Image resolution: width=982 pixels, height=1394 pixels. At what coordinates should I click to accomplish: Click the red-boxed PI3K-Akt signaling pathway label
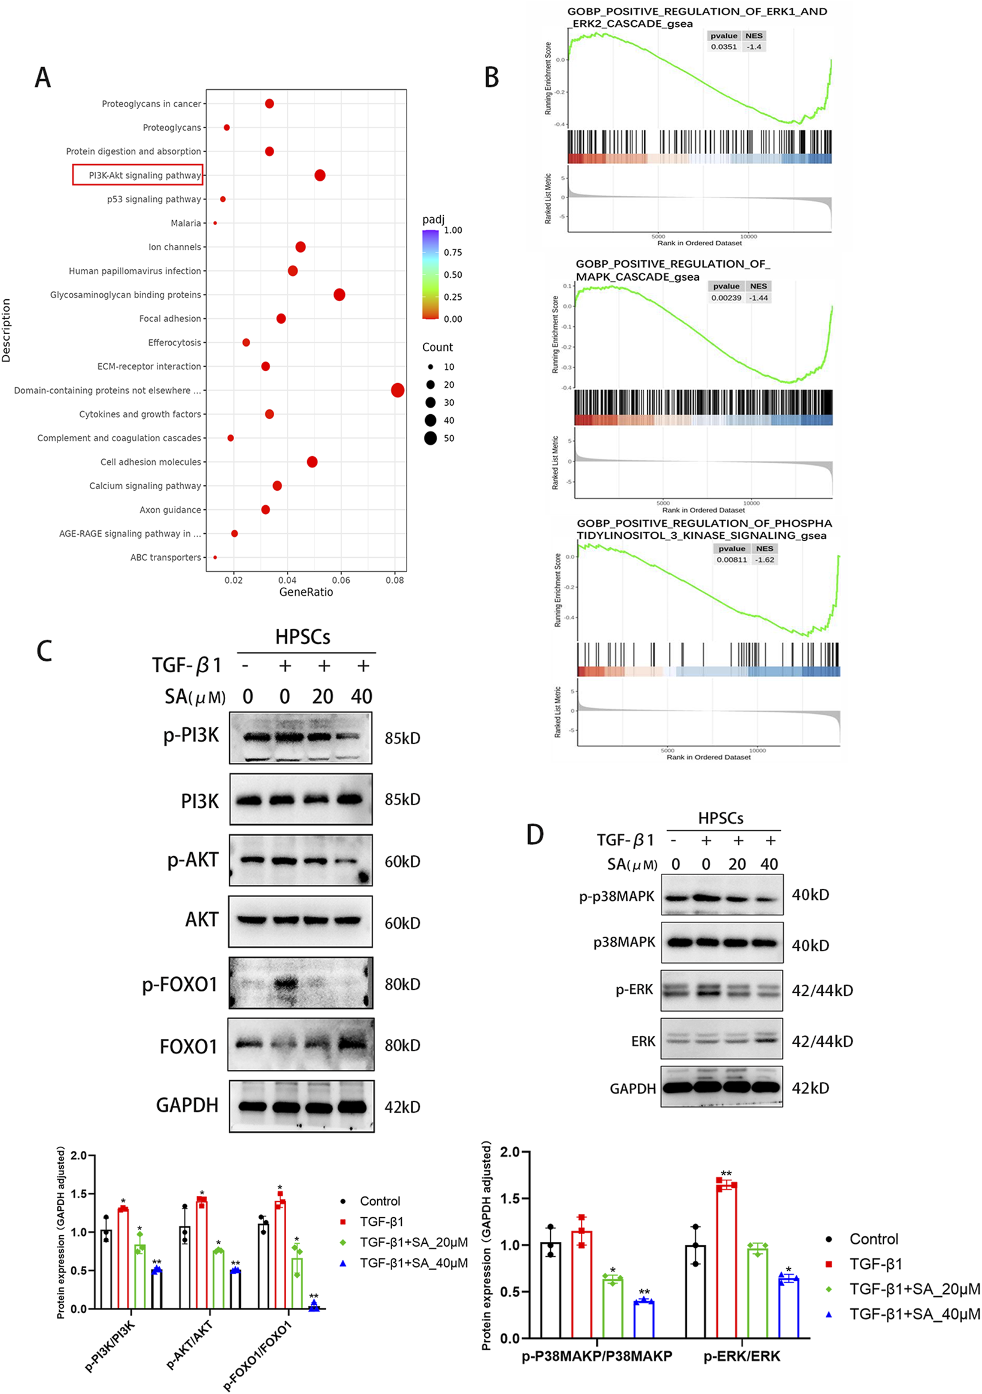(x=138, y=175)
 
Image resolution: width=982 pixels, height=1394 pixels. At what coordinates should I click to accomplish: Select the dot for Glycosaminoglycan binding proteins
(x=340, y=294)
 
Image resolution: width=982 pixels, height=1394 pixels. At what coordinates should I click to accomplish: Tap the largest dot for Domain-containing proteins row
(x=398, y=390)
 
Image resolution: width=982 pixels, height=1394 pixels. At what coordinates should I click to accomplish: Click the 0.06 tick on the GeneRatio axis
(x=341, y=580)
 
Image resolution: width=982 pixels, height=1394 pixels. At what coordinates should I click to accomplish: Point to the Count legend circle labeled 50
(x=431, y=438)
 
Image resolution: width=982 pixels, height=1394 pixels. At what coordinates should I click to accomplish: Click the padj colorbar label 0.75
(x=453, y=253)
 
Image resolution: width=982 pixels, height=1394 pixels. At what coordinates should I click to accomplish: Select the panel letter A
(x=43, y=78)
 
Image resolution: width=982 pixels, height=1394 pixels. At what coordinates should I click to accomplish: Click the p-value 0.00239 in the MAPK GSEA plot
(x=726, y=297)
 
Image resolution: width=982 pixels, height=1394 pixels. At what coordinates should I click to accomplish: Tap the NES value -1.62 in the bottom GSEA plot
(x=765, y=560)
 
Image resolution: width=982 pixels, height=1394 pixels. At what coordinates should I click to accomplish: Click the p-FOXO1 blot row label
(x=179, y=984)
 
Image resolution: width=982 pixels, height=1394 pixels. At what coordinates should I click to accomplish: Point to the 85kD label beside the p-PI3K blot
(x=402, y=738)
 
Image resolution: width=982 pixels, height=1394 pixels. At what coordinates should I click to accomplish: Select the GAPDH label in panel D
(x=633, y=1089)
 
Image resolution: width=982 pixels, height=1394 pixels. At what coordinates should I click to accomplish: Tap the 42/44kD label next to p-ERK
(x=822, y=990)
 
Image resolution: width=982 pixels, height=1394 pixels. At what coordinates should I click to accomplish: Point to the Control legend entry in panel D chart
(x=872, y=1238)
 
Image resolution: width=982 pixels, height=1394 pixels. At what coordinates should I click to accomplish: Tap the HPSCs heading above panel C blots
(x=302, y=637)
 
